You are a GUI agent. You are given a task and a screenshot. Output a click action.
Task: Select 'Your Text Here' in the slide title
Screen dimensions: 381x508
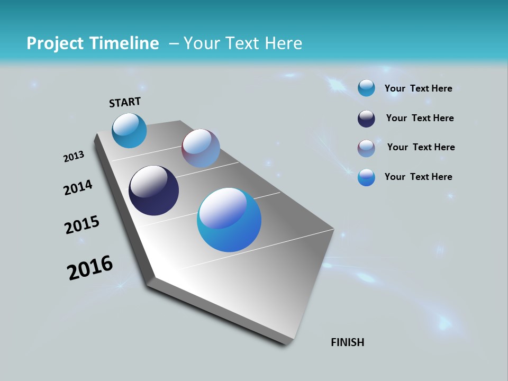tap(242, 43)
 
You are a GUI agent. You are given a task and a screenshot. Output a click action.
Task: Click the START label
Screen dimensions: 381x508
tap(125, 102)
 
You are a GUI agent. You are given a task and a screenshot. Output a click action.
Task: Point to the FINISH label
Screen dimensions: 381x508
tap(347, 342)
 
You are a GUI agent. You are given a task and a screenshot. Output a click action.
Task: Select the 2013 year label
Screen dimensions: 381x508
tap(74, 157)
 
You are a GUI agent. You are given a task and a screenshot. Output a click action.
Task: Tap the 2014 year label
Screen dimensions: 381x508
tap(78, 187)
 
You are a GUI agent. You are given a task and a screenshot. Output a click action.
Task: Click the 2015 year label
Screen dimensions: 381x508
tap(82, 225)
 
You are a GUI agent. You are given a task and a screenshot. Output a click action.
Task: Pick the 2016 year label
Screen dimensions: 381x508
tap(90, 268)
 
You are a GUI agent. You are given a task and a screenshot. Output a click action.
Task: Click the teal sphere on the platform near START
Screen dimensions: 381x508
tap(129, 131)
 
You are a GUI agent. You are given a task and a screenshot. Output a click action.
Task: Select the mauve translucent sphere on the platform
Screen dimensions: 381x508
tap(201, 148)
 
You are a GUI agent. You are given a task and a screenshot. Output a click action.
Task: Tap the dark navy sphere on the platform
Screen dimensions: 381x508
tap(153, 190)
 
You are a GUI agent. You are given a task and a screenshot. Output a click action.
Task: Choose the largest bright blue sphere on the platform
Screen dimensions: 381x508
tap(229, 220)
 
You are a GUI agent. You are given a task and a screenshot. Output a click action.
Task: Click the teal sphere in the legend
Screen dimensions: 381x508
tap(366, 88)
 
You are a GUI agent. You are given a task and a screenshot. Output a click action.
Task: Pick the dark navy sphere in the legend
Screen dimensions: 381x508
tap(366, 119)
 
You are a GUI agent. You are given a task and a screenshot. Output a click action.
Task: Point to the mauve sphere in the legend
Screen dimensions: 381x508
tap(366, 148)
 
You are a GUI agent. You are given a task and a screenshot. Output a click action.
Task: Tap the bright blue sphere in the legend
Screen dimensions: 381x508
tap(366, 177)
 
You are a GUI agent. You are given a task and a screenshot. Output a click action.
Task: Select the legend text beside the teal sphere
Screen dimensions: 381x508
tap(418, 88)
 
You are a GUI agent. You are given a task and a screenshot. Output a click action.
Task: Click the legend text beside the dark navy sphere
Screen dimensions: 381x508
tap(420, 118)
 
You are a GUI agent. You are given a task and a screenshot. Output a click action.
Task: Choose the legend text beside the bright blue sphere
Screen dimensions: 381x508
tap(418, 177)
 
